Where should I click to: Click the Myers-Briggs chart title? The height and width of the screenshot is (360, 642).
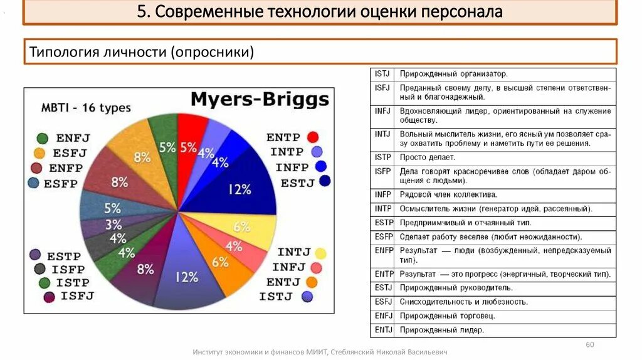click(x=260, y=99)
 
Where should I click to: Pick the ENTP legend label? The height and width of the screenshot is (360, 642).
click(x=283, y=137)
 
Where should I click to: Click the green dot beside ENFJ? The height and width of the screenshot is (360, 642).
click(x=43, y=139)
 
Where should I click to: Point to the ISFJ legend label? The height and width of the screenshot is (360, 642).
click(x=77, y=296)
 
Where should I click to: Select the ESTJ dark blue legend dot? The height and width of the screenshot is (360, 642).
click(x=325, y=182)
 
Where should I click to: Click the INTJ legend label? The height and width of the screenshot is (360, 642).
click(x=294, y=252)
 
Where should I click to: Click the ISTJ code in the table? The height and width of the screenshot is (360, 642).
click(x=382, y=74)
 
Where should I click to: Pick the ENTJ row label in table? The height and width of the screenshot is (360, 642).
click(x=383, y=330)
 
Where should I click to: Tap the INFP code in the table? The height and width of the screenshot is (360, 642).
click(x=383, y=194)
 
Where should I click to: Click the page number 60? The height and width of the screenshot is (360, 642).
click(x=589, y=345)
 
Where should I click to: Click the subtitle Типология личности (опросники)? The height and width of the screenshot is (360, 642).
click(x=142, y=52)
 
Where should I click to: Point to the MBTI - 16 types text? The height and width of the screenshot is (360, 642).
click(x=86, y=107)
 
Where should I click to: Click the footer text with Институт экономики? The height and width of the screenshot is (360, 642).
click(x=320, y=352)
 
